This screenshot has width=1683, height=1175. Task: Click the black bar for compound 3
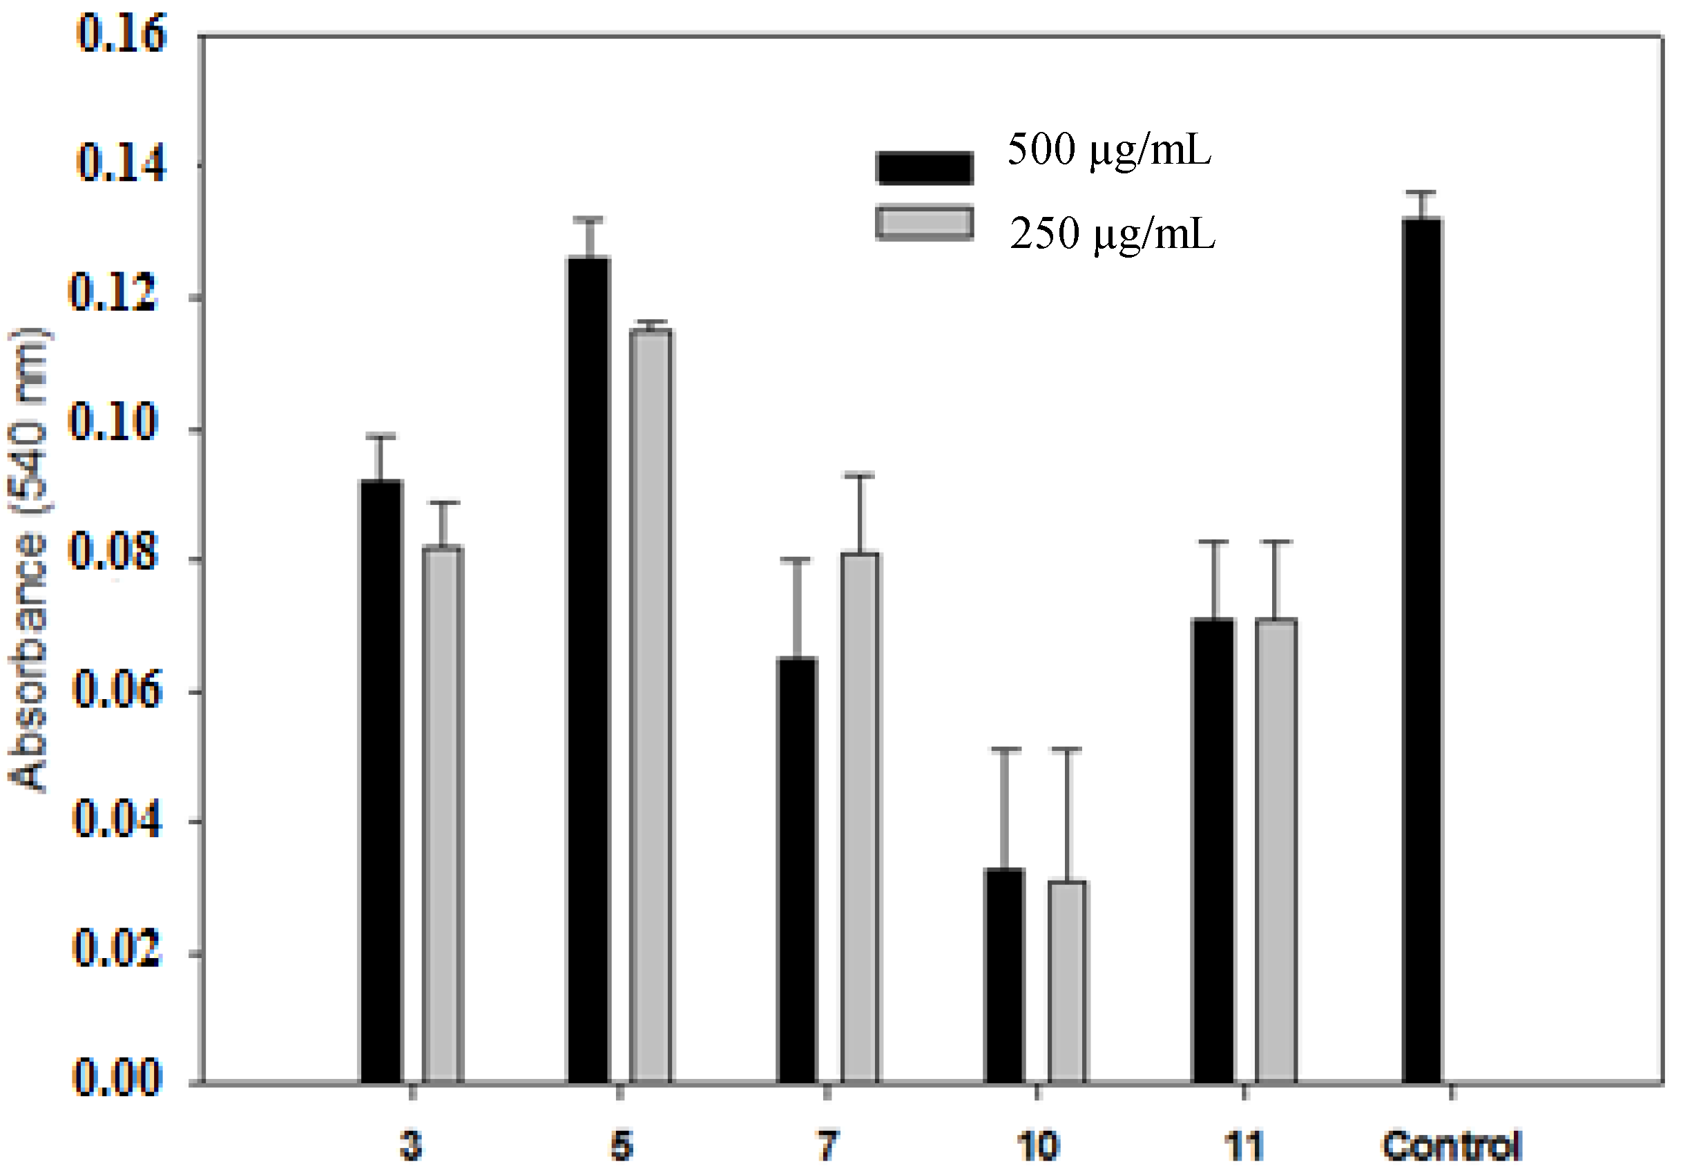click(x=381, y=781)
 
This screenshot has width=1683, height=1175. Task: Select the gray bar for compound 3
click(x=443, y=814)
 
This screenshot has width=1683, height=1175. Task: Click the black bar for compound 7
click(x=797, y=870)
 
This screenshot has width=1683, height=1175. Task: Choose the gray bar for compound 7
click(x=860, y=817)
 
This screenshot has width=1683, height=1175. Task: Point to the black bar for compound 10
click(x=1005, y=975)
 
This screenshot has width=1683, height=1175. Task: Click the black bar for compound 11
click(x=1214, y=850)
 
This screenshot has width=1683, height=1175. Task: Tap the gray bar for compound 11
click(x=1276, y=850)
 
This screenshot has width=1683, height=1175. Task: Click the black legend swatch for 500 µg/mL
click(x=924, y=167)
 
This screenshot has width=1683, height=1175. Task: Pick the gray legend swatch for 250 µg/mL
click(x=924, y=224)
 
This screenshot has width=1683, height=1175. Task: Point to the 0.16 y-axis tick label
click(x=122, y=34)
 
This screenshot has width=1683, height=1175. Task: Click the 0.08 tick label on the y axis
click(x=114, y=553)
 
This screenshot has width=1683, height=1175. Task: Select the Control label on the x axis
click(x=1452, y=1147)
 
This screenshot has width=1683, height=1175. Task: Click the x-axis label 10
click(x=1037, y=1147)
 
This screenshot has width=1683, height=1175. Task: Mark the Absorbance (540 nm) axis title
click(x=28, y=561)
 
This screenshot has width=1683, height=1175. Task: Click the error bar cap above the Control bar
click(x=1422, y=193)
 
